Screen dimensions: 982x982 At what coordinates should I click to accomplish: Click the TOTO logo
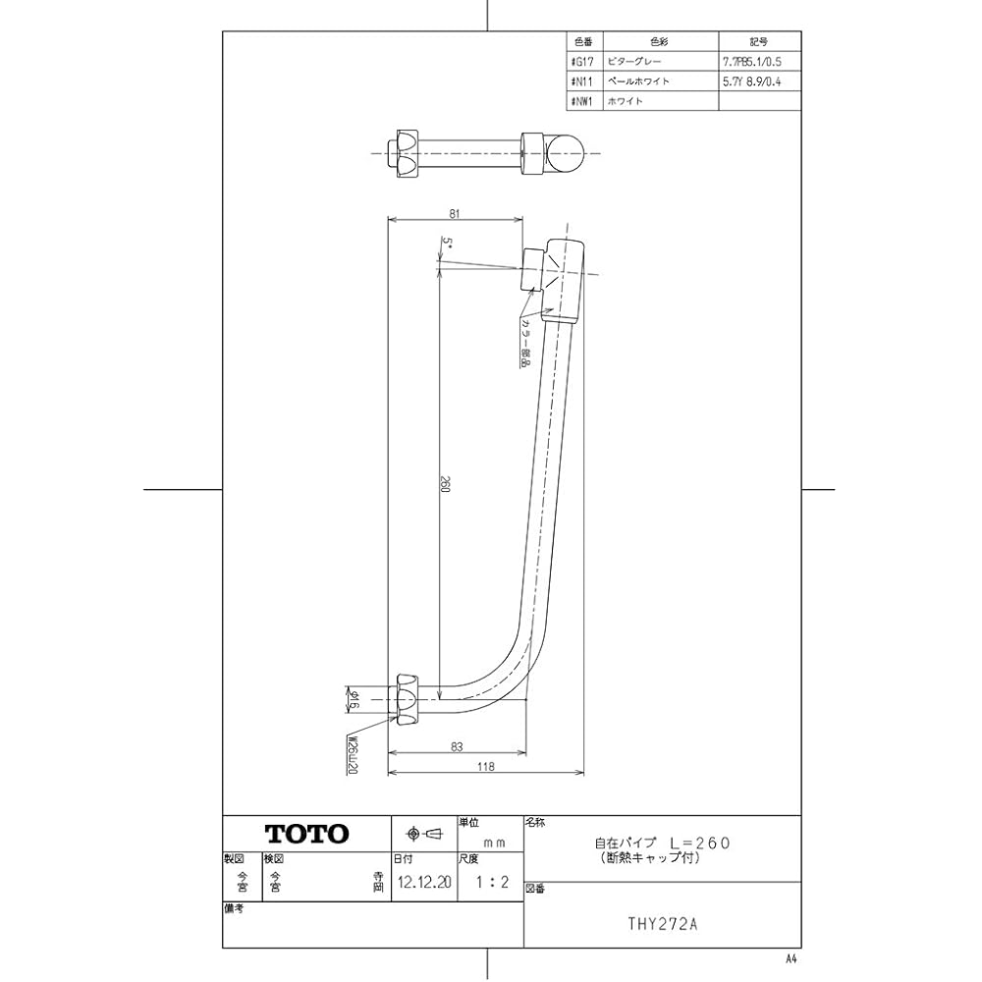(307, 834)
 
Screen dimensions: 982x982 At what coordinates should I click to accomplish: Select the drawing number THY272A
(663, 923)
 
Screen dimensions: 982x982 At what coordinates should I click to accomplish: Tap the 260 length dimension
(444, 485)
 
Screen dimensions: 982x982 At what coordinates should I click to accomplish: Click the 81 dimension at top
(455, 211)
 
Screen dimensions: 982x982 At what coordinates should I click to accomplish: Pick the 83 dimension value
(457, 746)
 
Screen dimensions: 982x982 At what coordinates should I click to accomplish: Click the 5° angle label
(447, 242)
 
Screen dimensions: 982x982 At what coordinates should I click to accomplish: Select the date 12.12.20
(425, 882)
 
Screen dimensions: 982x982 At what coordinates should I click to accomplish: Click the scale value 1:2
(491, 882)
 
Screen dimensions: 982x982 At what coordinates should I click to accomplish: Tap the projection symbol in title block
(424, 834)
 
